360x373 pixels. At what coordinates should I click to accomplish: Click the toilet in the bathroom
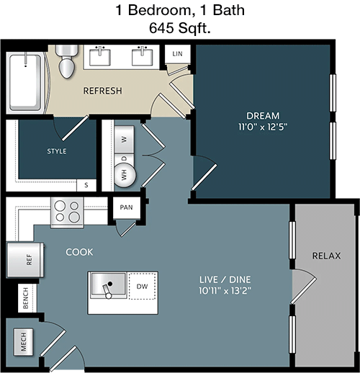point(67,61)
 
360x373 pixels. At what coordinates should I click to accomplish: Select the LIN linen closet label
point(177,54)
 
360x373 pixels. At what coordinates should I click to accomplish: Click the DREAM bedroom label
point(263,116)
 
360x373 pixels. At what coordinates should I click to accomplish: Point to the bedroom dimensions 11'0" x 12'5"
point(263,127)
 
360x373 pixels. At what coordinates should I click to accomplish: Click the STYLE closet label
point(57,151)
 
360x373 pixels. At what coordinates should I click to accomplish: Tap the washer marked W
point(124,139)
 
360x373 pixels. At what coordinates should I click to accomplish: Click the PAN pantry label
point(126,207)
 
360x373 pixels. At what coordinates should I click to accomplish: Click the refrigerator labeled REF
point(25,260)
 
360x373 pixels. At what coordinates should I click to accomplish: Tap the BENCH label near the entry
point(25,298)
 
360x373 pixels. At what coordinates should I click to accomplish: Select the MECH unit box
point(23,341)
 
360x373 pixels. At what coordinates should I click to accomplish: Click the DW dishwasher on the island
point(142,286)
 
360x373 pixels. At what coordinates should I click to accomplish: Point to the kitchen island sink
point(108,286)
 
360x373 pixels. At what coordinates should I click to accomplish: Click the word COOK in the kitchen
point(79,252)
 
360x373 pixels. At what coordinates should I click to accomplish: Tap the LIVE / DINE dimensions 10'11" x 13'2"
point(225,291)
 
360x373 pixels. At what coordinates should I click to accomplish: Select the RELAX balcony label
point(326,256)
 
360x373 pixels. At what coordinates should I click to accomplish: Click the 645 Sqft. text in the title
point(180,28)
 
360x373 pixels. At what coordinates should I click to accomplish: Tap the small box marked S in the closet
point(86,185)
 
